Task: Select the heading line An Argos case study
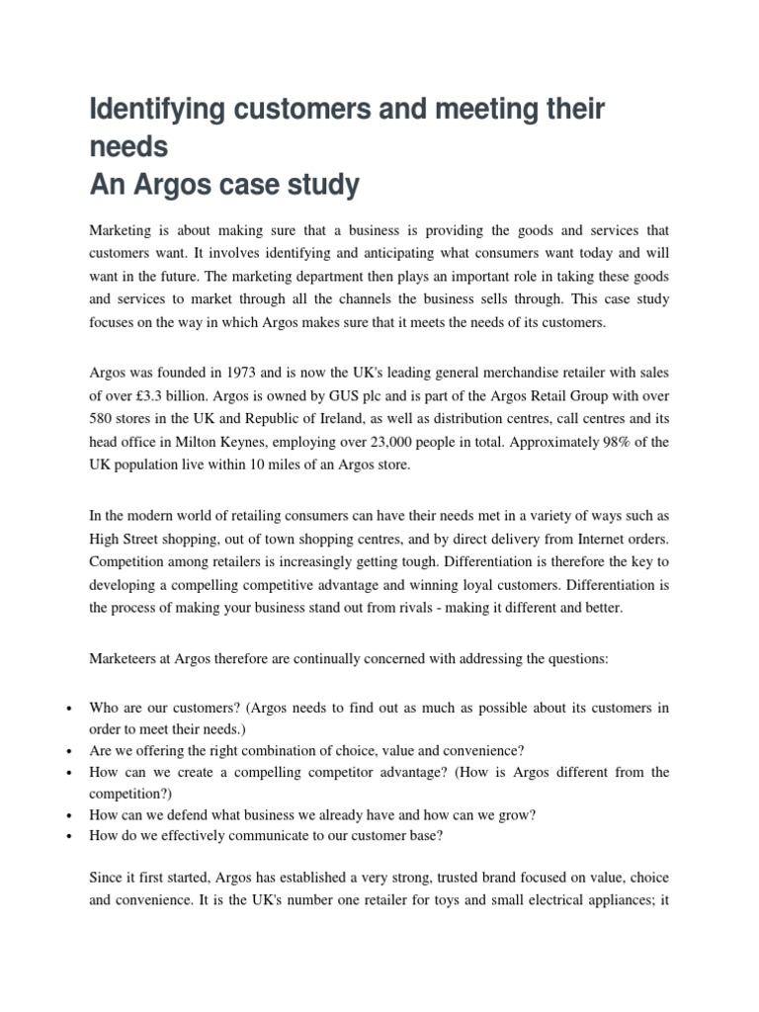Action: pyautogui.click(x=224, y=185)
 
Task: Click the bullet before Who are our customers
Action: pyautogui.click(x=66, y=710)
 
